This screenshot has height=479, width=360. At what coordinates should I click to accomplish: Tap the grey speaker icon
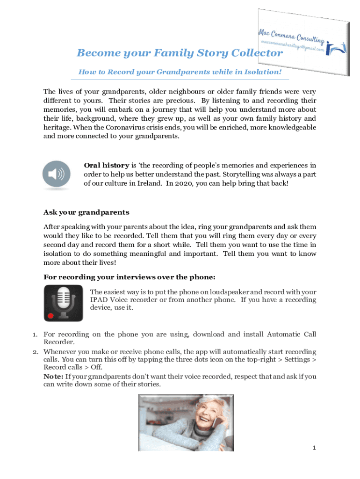[56, 175]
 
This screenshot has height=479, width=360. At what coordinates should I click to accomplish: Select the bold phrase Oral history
[106, 165]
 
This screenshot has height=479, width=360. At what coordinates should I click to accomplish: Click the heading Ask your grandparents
[86, 212]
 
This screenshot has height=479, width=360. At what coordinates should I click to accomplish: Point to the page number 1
[315, 448]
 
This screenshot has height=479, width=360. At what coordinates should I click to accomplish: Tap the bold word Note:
[53, 376]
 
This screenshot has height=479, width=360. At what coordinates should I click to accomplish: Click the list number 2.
[35, 351]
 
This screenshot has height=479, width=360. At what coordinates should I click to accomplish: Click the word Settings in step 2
[298, 360]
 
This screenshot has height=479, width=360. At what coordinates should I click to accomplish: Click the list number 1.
[35, 334]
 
